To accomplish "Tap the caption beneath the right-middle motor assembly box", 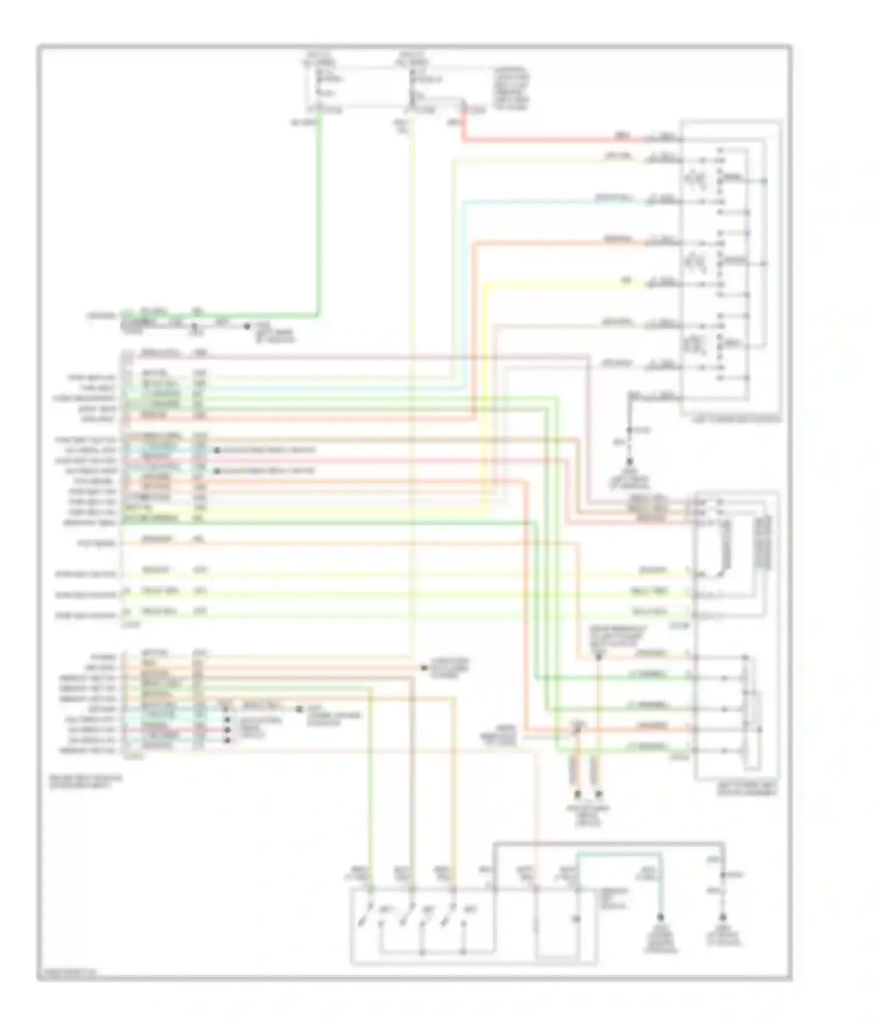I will click(x=747, y=790).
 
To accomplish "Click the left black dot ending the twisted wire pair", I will click(x=577, y=794).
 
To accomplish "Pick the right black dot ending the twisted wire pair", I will click(x=598, y=794).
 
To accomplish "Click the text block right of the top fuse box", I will click(x=511, y=88).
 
